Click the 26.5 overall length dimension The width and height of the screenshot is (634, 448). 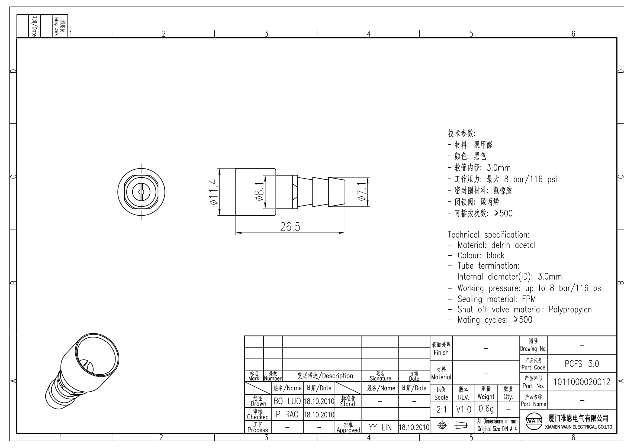pyautogui.click(x=290, y=227)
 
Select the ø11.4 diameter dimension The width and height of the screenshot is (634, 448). pyautogui.click(x=214, y=192)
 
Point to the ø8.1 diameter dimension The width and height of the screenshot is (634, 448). pyautogui.click(x=259, y=191)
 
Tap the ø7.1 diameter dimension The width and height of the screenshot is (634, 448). pyautogui.click(x=362, y=191)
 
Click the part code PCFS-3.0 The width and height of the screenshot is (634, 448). pyautogui.click(x=582, y=364)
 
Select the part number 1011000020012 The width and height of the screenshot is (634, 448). pyautogui.click(x=582, y=382)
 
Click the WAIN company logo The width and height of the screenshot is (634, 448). pyautogui.click(x=534, y=421)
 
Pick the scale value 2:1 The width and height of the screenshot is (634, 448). pyautogui.click(x=442, y=410)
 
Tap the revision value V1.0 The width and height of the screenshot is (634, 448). pyautogui.click(x=464, y=410)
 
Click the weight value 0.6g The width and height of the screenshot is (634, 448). pyautogui.click(x=486, y=409)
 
